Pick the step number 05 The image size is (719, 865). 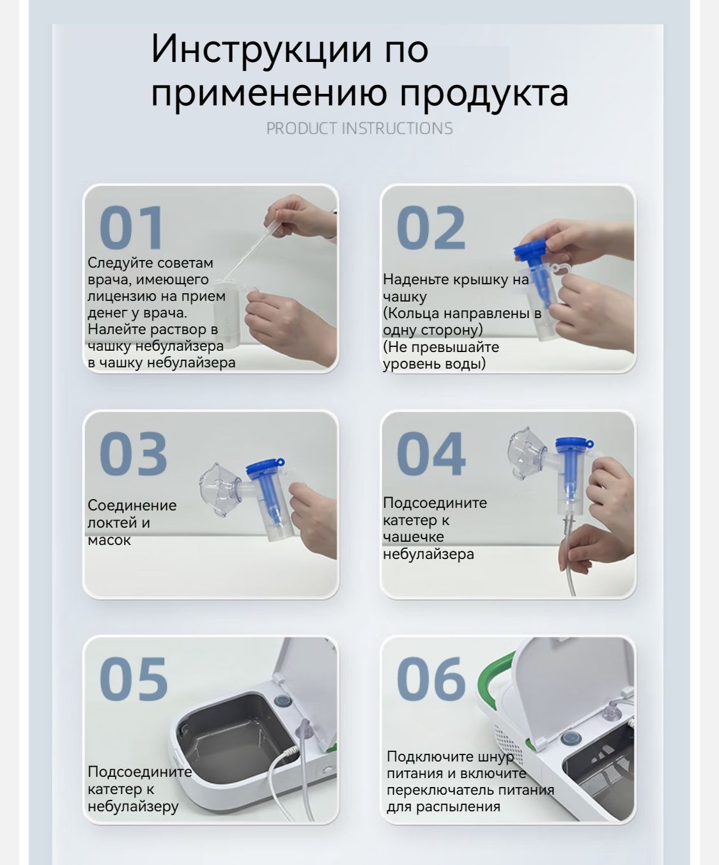pyautogui.click(x=134, y=679)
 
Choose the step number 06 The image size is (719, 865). pyautogui.click(x=431, y=679)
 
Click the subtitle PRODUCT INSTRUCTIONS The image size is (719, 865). pyautogui.click(x=359, y=128)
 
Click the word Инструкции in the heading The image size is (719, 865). pyautogui.click(x=261, y=49)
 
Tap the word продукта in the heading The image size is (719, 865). pyautogui.click(x=484, y=94)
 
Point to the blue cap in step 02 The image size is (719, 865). pyautogui.click(x=532, y=251)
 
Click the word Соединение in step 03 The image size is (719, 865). pyautogui.click(x=132, y=505)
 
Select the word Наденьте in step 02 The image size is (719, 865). pyautogui.click(x=415, y=280)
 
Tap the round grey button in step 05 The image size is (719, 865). pyautogui.click(x=283, y=702)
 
